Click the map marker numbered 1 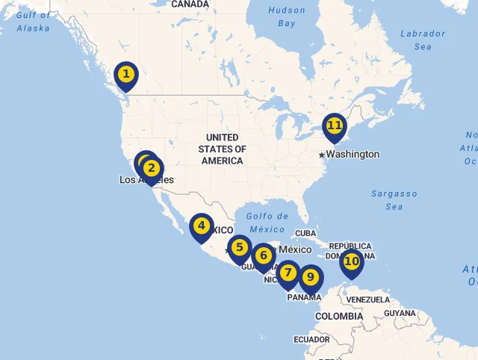point(126,74)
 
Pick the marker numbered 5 point(239,247)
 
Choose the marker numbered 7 point(288,273)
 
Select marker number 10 point(351,261)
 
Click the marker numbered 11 point(335,125)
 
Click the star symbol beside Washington point(322,155)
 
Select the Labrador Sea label point(422,40)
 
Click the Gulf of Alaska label point(33,22)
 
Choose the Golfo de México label point(267,223)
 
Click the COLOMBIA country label point(338,316)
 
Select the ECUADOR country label point(311,339)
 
